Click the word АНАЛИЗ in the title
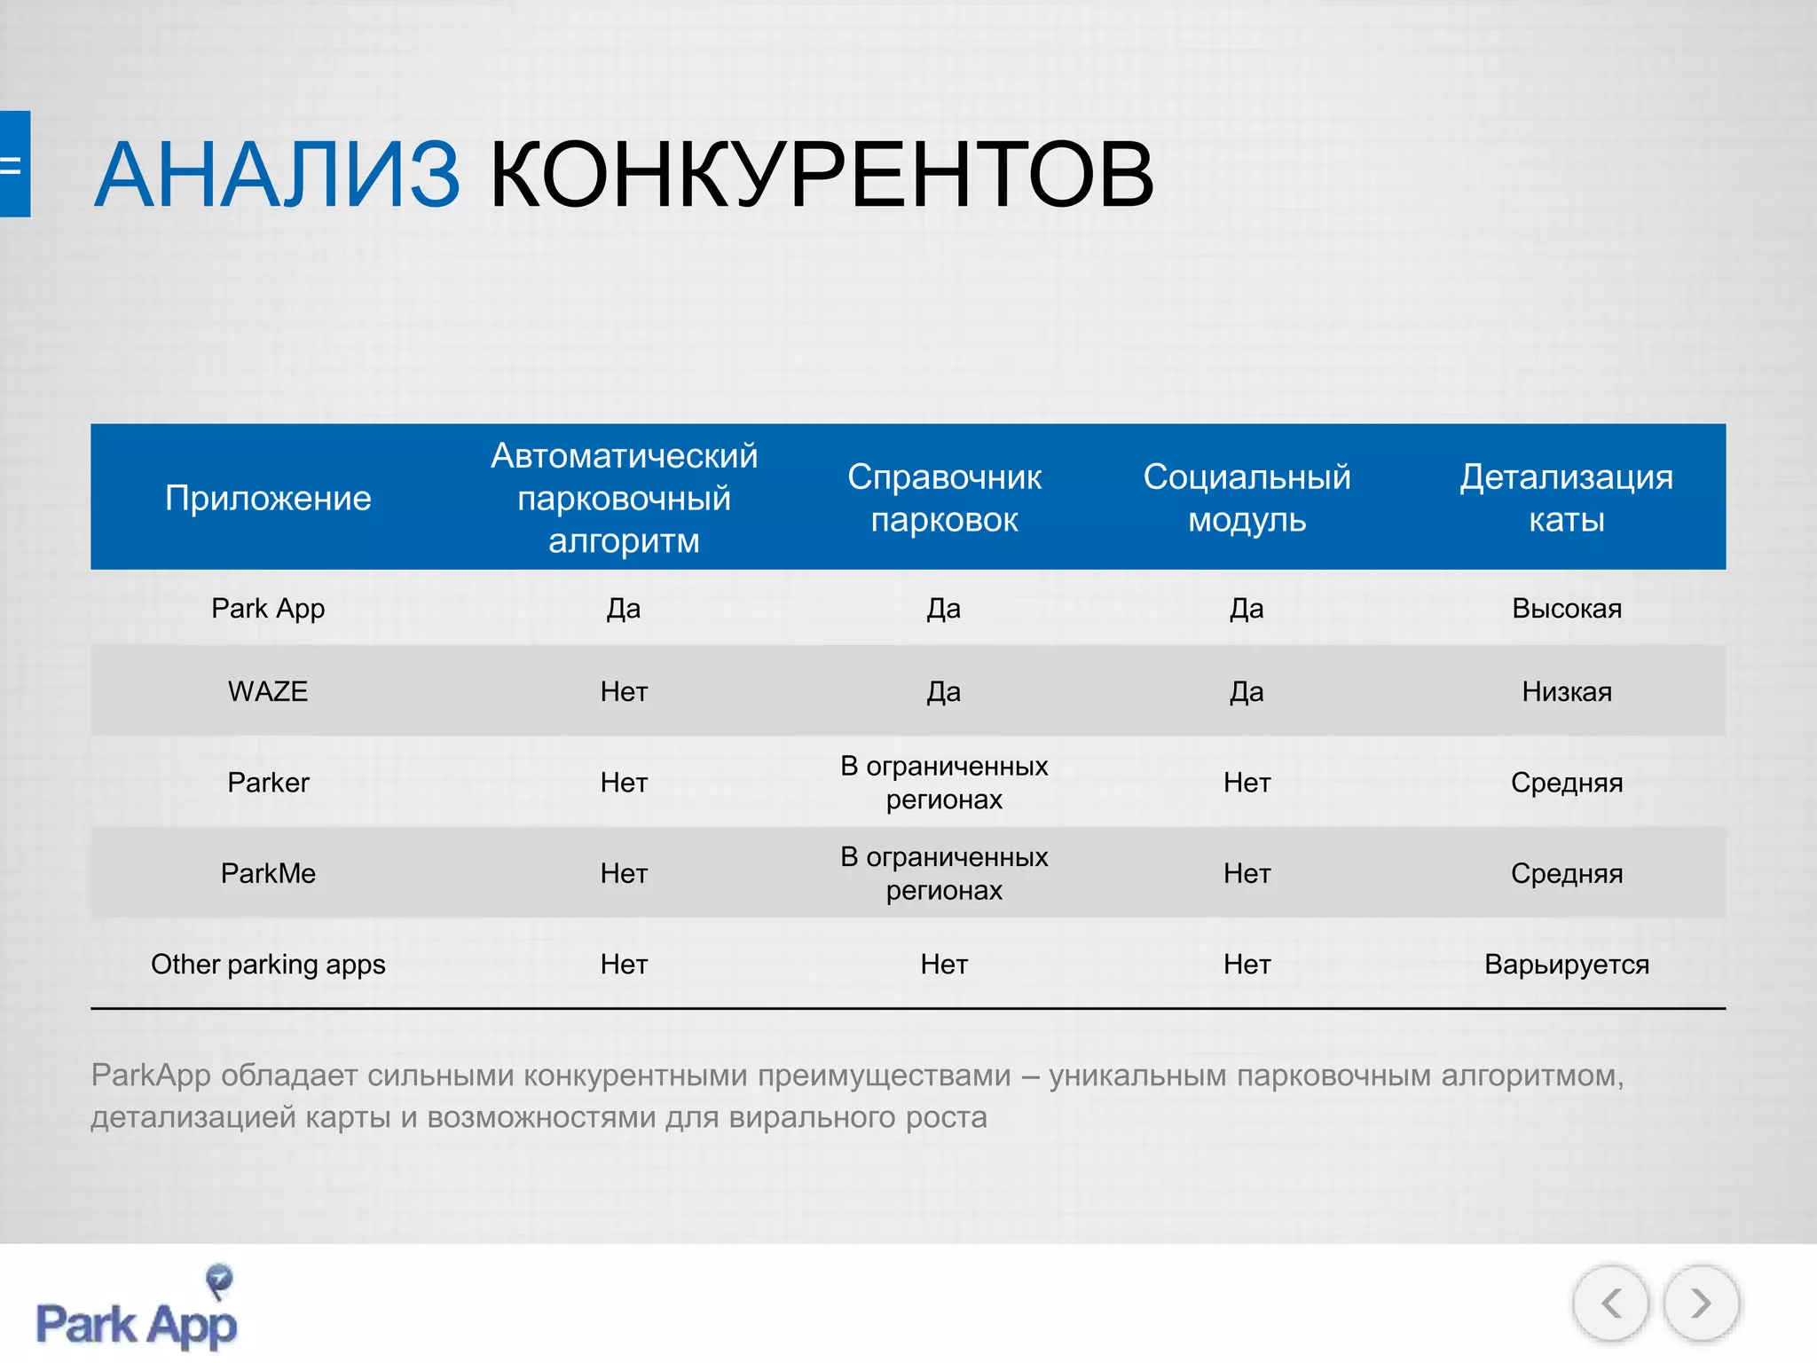click(277, 175)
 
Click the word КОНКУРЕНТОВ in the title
click(821, 175)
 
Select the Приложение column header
click(268, 499)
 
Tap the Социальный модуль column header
click(1247, 499)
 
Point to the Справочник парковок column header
click(944, 499)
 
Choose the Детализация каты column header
click(1566, 499)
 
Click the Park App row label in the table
click(268, 609)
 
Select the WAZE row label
click(268, 691)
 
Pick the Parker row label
click(268, 783)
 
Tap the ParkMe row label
click(268, 873)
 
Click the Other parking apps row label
click(268, 965)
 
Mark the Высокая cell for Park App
click(1567, 609)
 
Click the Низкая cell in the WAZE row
click(1567, 691)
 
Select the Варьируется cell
click(1567, 965)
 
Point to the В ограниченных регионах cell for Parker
click(944, 783)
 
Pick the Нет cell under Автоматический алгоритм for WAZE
click(624, 691)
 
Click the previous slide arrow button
click(1611, 1304)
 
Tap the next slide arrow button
click(1701, 1304)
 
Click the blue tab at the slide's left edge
click(14, 164)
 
